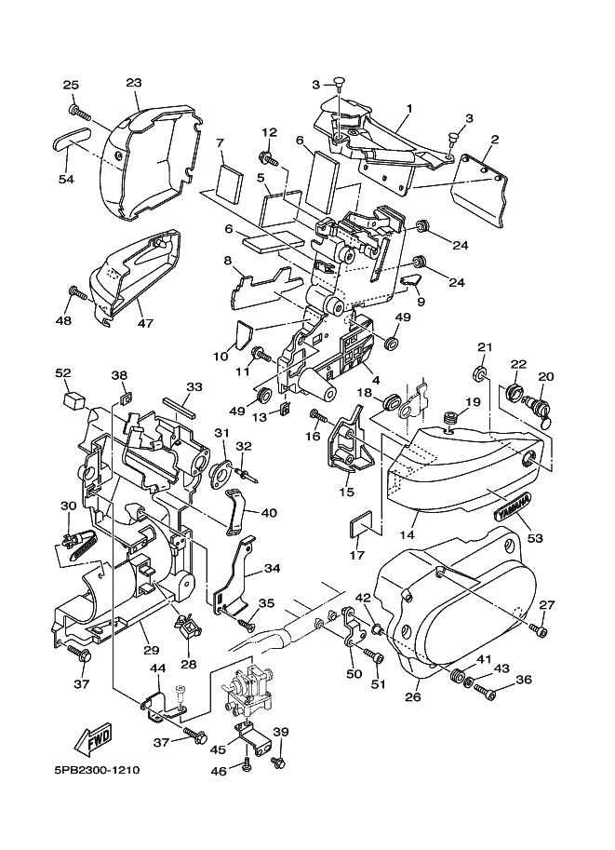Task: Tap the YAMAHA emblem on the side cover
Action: point(514,507)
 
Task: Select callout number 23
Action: point(133,81)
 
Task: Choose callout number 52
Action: point(63,372)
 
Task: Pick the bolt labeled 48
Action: point(78,295)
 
